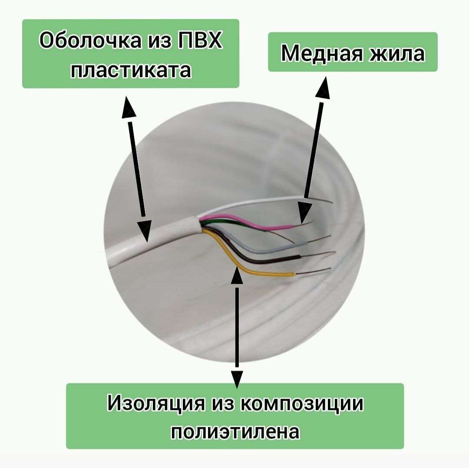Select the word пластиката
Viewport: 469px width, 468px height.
131,70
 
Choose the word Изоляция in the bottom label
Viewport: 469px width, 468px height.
155,404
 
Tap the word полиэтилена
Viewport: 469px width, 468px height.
235,432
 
